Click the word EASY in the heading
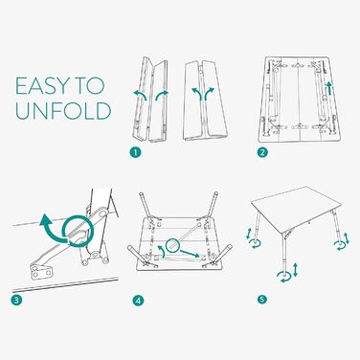pos(42,86)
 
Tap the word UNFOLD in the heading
pos(63,110)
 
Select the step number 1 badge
pos(135,152)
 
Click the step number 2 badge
pos(262,152)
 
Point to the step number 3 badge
pos(16,300)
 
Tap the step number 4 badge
pos(139,300)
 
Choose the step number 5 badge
pos(262,300)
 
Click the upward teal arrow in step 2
pos(329,89)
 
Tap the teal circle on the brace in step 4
pos(172,246)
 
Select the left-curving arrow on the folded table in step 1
pos(141,95)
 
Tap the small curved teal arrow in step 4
pos(162,251)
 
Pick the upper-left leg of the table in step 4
pos(145,205)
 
